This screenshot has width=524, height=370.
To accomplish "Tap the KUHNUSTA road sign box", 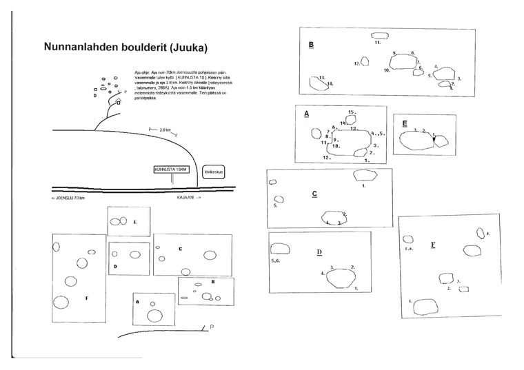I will click(x=171, y=169).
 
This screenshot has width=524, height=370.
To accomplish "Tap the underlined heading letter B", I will click(x=312, y=45).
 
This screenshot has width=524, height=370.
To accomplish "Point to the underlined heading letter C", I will click(x=314, y=194).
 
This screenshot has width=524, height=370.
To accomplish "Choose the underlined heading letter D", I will click(x=319, y=252).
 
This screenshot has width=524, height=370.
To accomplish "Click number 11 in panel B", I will click(x=379, y=43).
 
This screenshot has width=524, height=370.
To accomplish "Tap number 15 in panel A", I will click(x=351, y=112).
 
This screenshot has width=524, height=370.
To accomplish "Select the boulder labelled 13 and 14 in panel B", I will click(x=318, y=83).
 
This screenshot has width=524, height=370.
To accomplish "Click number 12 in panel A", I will click(x=327, y=158).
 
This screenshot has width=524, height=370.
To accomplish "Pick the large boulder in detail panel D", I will click(x=341, y=277).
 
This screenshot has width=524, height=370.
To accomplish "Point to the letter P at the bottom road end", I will click(x=212, y=327).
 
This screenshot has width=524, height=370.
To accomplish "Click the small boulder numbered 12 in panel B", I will click(x=365, y=61).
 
